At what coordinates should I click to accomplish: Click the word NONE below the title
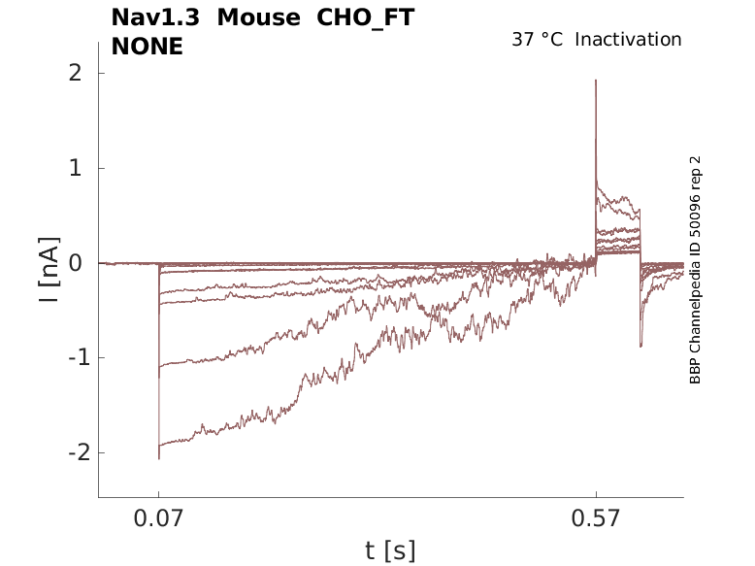148,46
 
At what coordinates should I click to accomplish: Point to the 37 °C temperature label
538,40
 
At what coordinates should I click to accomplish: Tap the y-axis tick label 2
74,74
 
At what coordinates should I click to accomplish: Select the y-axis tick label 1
74,168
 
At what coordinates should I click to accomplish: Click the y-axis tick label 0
74,263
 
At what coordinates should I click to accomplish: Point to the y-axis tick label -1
68,357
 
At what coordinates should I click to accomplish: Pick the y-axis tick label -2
68,452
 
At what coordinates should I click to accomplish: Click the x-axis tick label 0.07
159,518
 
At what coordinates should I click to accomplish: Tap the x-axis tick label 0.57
596,518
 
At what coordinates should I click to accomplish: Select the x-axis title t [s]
390,550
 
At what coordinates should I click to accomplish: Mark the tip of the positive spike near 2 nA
596,80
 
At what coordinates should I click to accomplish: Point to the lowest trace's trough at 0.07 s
159,458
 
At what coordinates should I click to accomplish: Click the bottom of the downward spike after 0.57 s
640,347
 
